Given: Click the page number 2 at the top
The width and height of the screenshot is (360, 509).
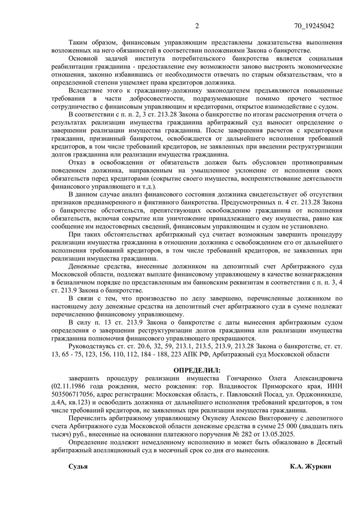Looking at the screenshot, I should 197,26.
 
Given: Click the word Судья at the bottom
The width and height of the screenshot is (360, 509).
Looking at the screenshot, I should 78,466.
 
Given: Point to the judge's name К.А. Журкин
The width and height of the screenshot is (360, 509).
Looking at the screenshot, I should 310,466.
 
